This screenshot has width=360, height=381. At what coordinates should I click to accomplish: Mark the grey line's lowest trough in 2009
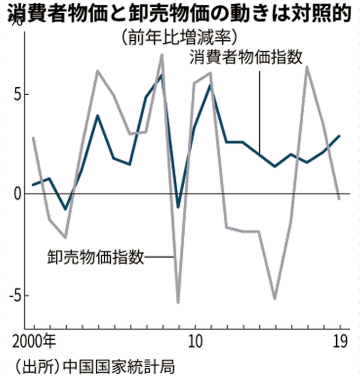point(178,303)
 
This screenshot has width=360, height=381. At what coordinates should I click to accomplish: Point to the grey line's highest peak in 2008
point(162,55)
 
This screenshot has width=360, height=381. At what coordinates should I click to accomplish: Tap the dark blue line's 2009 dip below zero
point(178,207)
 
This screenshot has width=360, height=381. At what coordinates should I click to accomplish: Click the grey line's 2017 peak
point(307,67)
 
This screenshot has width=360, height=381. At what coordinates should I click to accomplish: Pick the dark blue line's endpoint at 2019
point(339,136)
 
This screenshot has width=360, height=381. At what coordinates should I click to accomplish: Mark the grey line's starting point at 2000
point(33,138)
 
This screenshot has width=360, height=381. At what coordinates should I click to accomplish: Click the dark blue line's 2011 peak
point(210,85)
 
